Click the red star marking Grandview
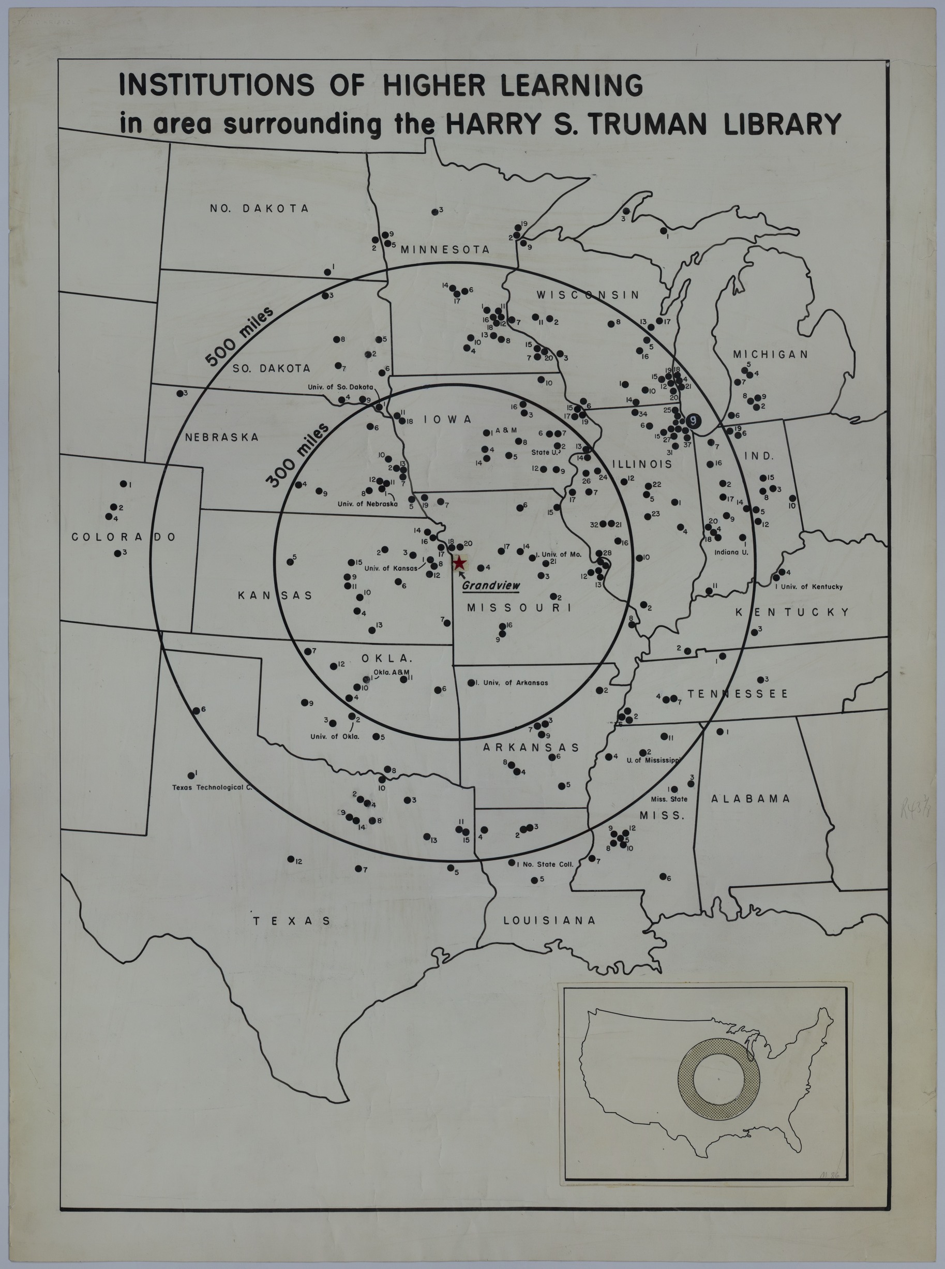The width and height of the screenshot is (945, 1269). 459,563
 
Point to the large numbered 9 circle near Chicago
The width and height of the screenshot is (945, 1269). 693,421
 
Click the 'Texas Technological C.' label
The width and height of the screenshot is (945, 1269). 212,787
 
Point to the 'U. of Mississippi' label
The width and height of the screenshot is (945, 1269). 652,760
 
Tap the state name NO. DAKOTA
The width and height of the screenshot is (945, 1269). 259,208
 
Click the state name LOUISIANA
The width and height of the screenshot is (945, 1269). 549,920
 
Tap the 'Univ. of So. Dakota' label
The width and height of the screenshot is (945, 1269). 340,387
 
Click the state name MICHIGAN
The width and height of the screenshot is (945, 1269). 771,355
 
